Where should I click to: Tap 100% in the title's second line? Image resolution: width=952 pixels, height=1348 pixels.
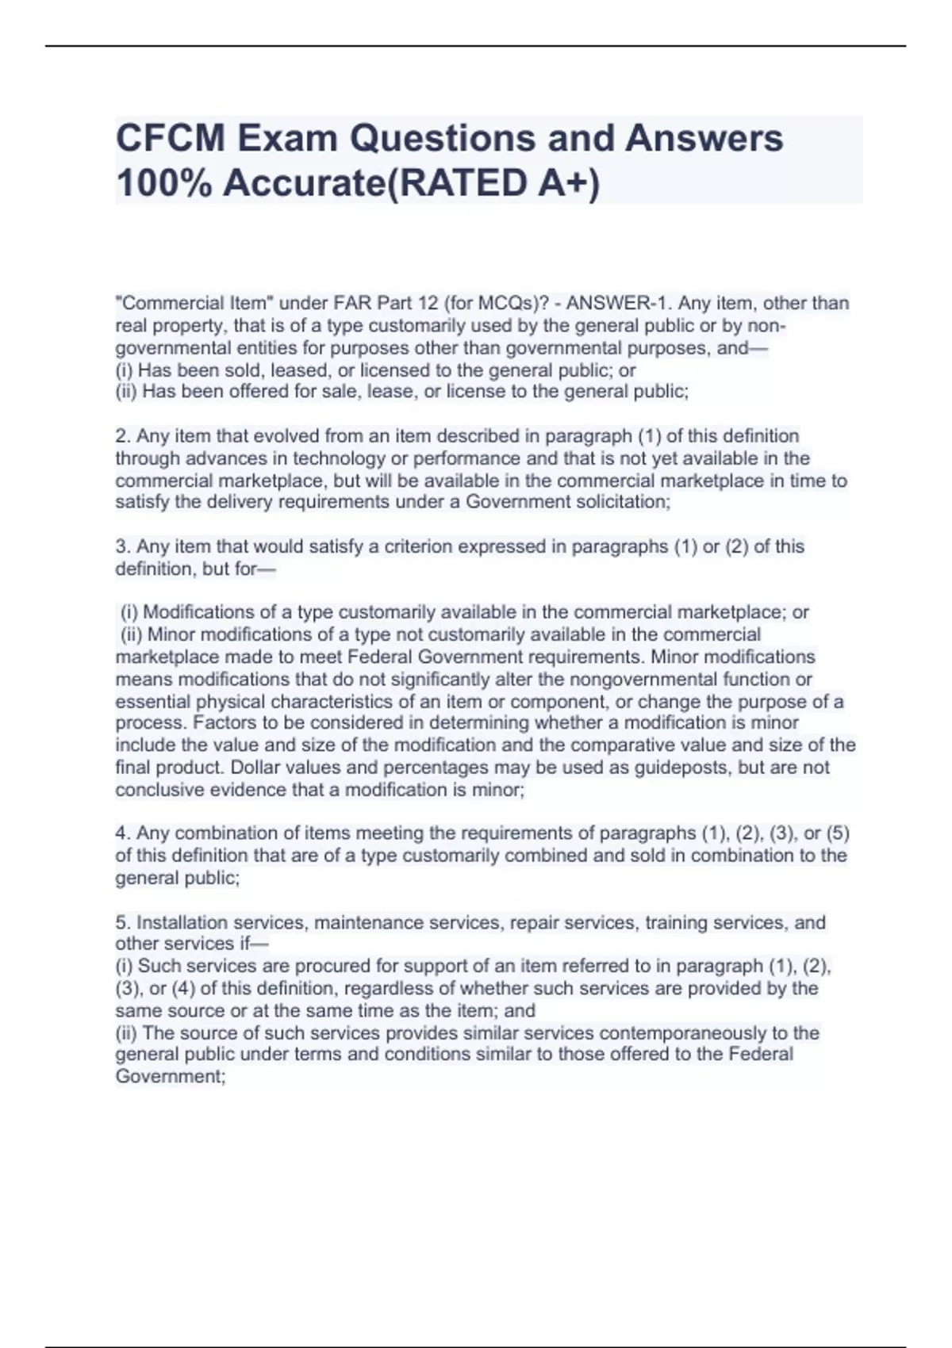[163, 184]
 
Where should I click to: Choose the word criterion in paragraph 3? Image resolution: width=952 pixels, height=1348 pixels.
[417, 547]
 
